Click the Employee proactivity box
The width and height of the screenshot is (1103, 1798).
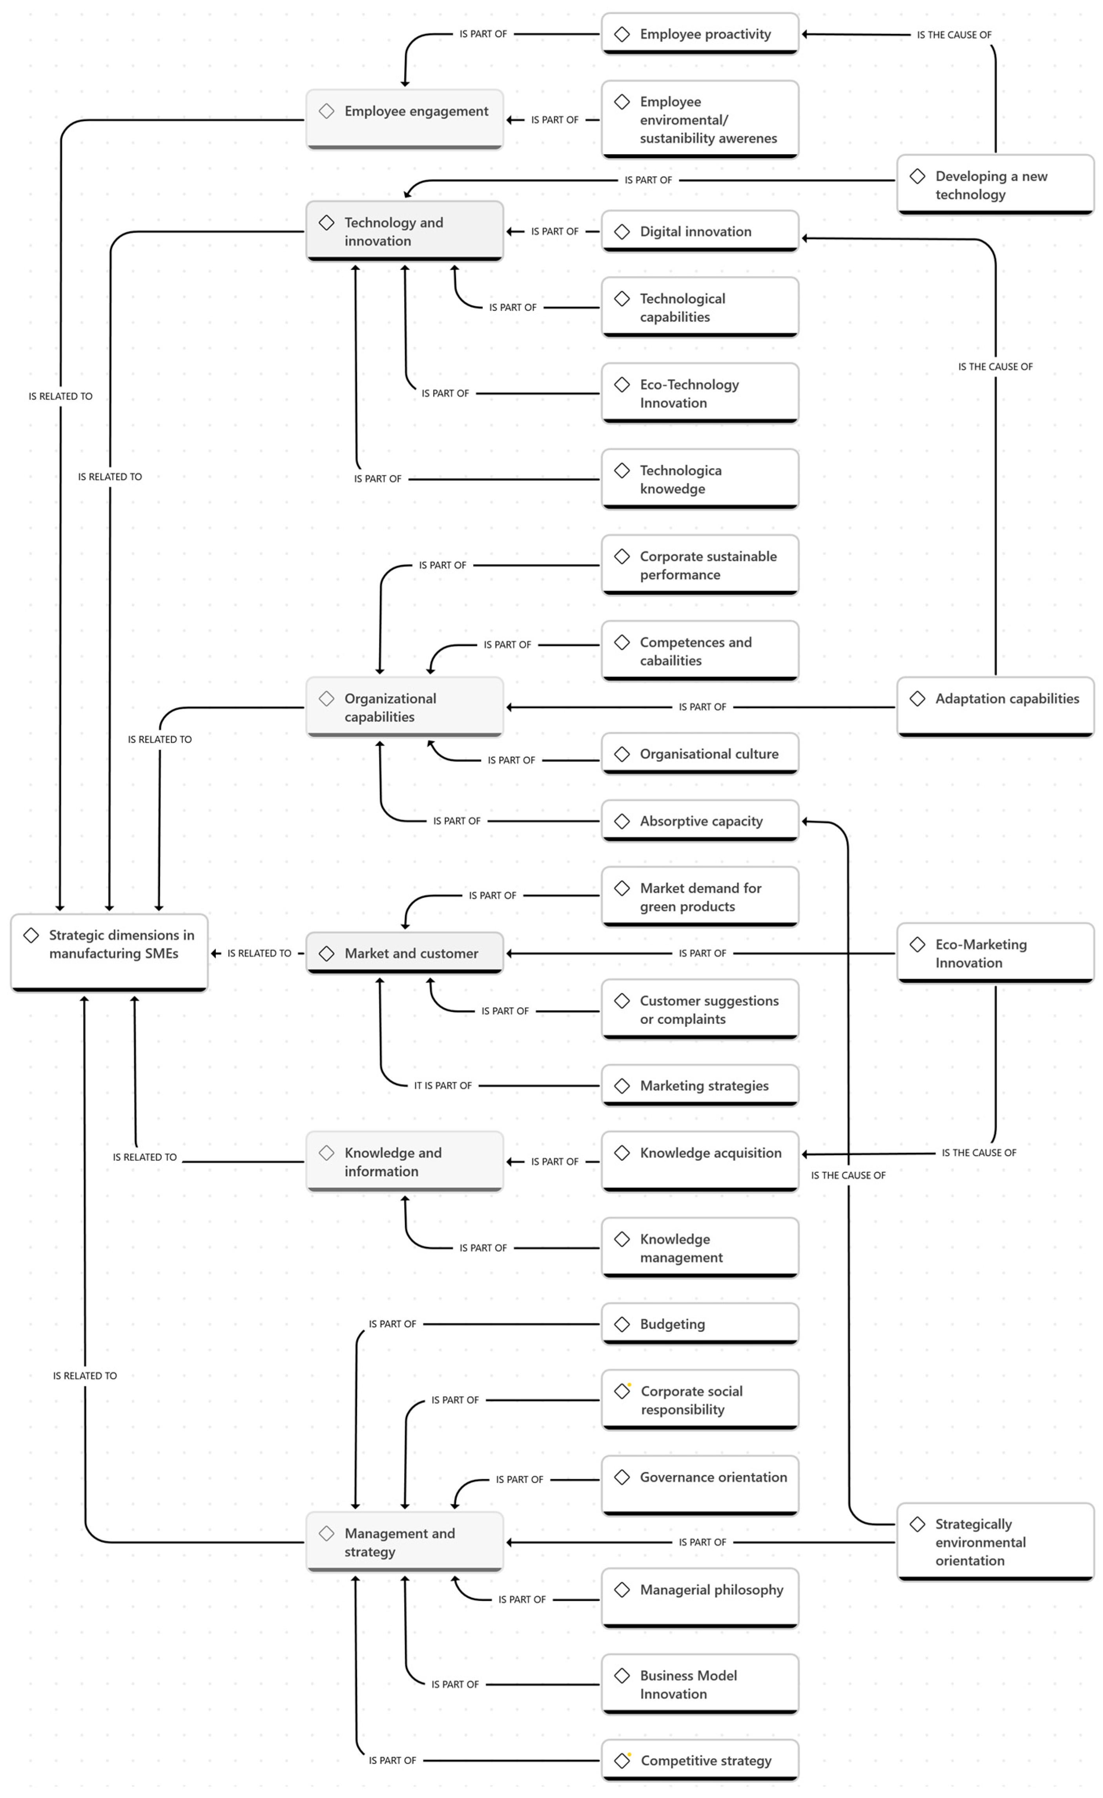point(700,34)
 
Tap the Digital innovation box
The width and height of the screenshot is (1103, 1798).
point(700,231)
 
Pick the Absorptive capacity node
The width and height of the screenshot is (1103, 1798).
point(700,821)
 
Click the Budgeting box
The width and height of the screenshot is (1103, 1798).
point(700,1324)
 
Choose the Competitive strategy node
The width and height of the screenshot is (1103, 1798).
point(700,1760)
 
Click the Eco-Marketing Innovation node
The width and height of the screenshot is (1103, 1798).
point(995,953)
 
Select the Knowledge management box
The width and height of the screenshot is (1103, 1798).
point(700,1248)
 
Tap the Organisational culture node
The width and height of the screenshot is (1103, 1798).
point(700,754)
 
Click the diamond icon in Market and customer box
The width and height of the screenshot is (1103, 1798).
point(327,953)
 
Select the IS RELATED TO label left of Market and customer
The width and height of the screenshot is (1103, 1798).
point(259,953)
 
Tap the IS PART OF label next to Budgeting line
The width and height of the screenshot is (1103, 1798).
point(392,1324)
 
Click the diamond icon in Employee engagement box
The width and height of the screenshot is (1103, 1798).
point(327,111)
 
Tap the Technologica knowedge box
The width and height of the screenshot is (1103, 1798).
point(700,479)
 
